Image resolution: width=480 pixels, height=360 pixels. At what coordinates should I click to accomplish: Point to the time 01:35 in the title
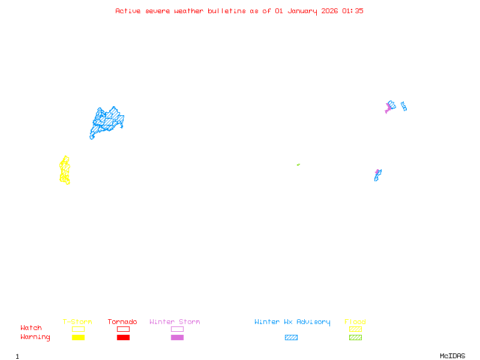click(x=353, y=11)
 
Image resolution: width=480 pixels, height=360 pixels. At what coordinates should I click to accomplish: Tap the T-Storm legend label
click(x=77, y=322)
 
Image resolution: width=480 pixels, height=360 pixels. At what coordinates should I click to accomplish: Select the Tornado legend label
click(x=122, y=322)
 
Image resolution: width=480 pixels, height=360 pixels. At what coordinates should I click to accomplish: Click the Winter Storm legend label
click(x=175, y=322)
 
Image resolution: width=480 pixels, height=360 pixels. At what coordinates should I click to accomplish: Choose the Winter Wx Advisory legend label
click(x=292, y=322)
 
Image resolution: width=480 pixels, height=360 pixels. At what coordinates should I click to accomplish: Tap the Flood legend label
click(x=355, y=322)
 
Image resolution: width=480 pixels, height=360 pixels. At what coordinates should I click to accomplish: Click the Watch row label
click(x=31, y=328)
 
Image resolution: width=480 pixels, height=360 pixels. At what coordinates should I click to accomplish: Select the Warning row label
click(x=35, y=337)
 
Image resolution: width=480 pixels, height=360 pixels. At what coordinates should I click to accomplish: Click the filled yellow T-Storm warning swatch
click(x=78, y=338)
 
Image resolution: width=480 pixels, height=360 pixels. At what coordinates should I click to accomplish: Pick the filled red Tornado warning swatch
click(x=123, y=338)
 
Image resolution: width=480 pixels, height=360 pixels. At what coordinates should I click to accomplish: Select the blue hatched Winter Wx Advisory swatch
click(x=291, y=338)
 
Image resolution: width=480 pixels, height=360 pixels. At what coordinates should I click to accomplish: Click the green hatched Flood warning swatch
click(x=355, y=338)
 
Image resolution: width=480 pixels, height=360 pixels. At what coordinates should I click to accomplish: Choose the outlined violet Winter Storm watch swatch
click(x=177, y=329)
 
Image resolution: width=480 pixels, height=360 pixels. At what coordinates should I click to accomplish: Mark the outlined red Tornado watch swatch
click(x=123, y=329)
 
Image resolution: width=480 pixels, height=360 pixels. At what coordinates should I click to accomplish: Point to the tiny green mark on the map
click(x=298, y=164)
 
